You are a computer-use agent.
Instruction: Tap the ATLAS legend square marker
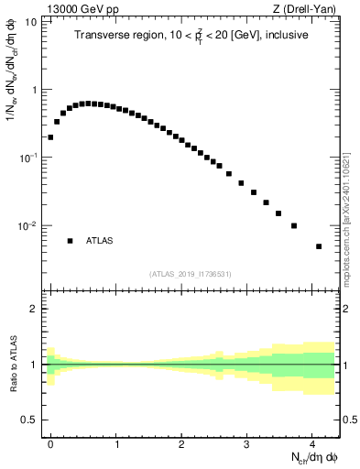(x=70, y=241)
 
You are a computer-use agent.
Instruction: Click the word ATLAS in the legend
(x=100, y=241)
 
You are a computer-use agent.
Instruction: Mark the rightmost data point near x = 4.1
(x=319, y=246)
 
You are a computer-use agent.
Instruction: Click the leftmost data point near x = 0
(x=50, y=137)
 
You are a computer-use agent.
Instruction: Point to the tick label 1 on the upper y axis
(x=34, y=90)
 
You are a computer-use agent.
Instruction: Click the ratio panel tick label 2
(x=34, y=309)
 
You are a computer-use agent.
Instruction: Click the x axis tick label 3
(x=246, y=443)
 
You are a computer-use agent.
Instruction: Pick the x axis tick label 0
(x=50, y=443)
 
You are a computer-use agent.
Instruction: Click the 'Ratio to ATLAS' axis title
(x=12, y=365)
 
